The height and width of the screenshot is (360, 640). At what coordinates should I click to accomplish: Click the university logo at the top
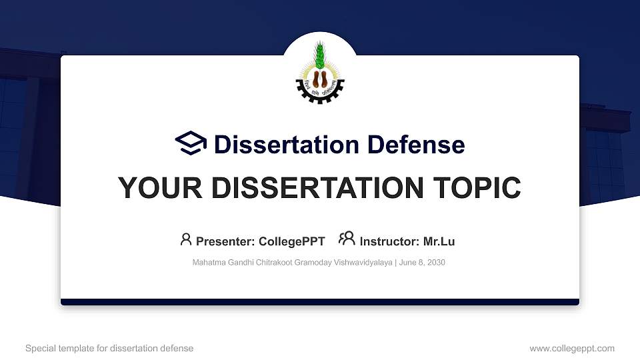pos(319,72)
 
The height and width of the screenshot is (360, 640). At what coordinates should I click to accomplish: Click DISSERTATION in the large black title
pos(309,188)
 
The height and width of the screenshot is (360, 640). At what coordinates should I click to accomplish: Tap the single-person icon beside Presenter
pos(186,239)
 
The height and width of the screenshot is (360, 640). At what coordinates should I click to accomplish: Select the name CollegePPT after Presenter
pos(293,241)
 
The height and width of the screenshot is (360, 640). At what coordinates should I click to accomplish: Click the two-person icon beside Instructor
pos(347,239)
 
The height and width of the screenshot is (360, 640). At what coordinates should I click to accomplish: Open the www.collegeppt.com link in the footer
pos(572,349)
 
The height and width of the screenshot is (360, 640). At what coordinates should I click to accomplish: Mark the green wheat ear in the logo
pos(319,54)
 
